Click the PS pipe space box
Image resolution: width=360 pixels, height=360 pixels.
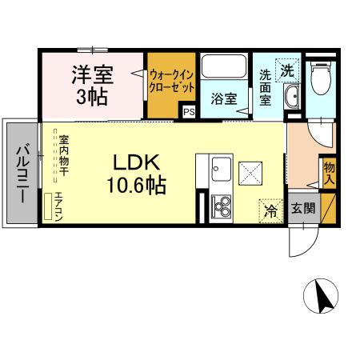pos(189,112)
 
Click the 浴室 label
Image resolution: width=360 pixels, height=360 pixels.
pos(223,99)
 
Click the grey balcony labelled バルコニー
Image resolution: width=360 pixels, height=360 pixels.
pos(22,172)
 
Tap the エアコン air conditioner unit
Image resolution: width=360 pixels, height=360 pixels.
pos(56,206)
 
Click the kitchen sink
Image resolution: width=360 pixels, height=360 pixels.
pos(221,170)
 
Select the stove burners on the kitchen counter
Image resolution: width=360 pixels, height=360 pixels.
pos(220,207)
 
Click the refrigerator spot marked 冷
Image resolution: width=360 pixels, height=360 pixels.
pos(270,211)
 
